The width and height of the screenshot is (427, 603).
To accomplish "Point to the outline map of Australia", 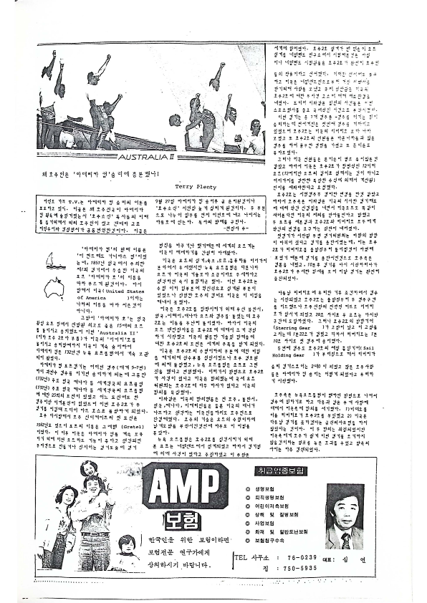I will [54, 286].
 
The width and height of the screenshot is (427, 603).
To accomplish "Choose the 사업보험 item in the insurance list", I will [271, 522].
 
